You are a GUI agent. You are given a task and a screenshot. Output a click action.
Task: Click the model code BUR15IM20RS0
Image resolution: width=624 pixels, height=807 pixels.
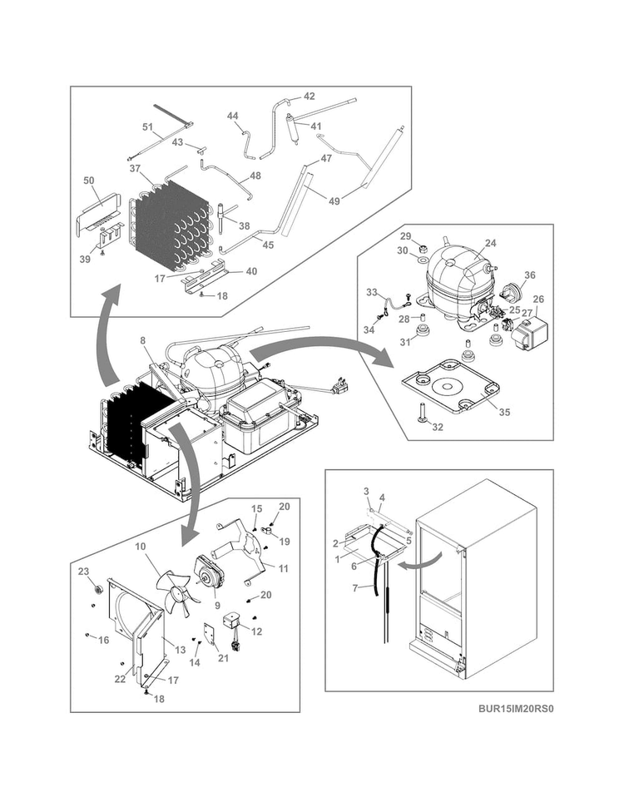[515, 709]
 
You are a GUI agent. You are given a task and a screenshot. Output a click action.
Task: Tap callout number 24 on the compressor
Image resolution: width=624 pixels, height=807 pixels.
[490, 243]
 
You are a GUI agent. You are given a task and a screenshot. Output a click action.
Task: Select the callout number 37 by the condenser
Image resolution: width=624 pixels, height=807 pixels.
[135, 168]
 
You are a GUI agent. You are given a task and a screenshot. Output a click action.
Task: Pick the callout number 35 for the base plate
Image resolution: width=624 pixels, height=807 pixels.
[504, 413]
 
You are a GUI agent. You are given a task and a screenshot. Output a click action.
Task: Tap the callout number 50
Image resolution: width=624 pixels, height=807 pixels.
[89, 181]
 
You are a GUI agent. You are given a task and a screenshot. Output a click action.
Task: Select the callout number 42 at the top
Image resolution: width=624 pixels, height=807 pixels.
[309, 97]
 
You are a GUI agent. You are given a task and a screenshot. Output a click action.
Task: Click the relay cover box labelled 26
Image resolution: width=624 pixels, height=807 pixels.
[529, 333]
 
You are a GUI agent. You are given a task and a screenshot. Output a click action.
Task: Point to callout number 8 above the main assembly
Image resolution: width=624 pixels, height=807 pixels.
[142, 340]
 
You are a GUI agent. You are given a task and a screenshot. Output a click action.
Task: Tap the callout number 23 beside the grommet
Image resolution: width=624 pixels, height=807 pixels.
[83, 572]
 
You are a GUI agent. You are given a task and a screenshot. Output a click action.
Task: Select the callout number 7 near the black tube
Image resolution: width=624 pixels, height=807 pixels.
[354, 587]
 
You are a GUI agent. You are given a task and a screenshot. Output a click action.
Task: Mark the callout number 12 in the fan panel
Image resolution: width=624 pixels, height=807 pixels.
[256, 631]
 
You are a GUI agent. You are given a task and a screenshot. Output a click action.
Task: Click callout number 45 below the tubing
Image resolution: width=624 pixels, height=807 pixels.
[268, 245]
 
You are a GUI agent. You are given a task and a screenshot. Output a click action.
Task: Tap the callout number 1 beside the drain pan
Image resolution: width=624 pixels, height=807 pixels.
[338, 559]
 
